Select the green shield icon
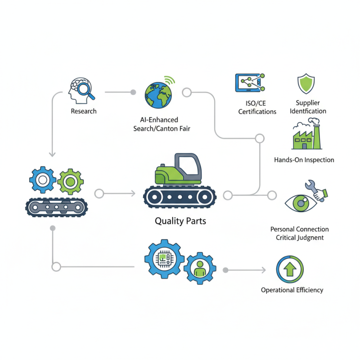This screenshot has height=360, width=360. (x=306, y=84)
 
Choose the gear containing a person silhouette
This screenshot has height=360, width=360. (x=200, y=268)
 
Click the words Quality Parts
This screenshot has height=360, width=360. (x=180, y=221)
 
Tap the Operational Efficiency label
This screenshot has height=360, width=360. (x=292, y=290)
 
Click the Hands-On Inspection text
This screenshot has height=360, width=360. (x=304, y=160)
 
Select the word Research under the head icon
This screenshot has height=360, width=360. (x=84, y=111)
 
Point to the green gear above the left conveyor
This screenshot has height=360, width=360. (x=69, y=181)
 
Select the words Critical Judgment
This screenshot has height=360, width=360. (x=300, y=238)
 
